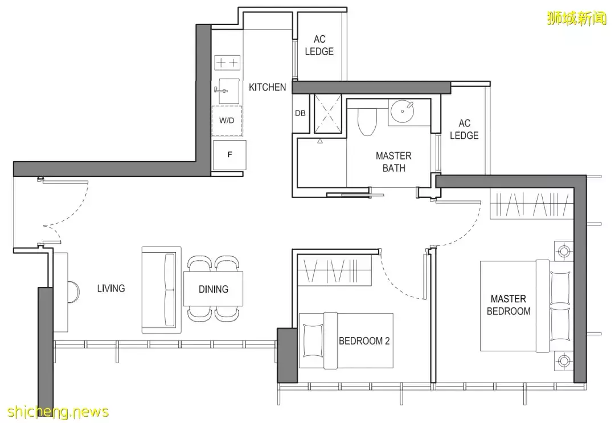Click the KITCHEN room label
point(268,87)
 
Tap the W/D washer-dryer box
point(227,121)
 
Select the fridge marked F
point(230,155)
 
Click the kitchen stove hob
point(227,63)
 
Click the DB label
point(300,113)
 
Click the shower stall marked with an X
point(328,114)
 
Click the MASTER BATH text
point(394,162)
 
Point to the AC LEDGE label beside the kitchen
point(319,45)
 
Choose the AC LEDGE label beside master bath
point(464,129)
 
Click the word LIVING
point(111,289)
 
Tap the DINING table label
point(214,289)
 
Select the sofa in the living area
point(162,290)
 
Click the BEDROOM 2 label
point(364,340)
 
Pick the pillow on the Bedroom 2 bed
point(312,340)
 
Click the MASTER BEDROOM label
point(509,305)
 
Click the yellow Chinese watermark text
point(576,18)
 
